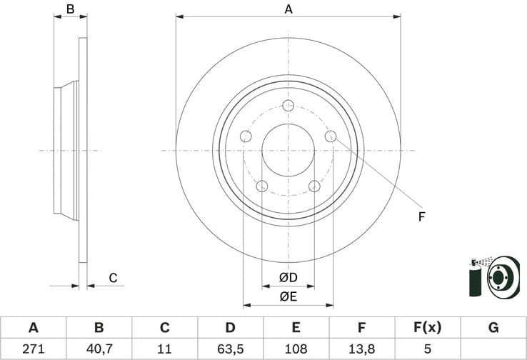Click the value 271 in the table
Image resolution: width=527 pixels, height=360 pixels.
point(33,349)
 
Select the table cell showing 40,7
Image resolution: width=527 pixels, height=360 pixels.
point(99,349)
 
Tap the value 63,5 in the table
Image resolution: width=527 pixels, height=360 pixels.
point(230,349)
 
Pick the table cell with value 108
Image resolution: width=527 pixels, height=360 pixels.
point(296,349)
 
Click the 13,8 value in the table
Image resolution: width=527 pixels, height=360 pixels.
point(362,349)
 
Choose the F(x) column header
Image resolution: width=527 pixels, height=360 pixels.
point(428,328)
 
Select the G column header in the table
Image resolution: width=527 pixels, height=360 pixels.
point(493,328)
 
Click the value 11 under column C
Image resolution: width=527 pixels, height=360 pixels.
point(164,349)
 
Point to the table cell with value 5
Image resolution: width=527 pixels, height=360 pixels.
point(428,349)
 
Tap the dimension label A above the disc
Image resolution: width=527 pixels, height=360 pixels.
point(288,9)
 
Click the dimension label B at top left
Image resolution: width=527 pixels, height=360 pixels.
point(70,9)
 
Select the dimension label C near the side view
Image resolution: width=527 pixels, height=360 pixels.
point(112,278)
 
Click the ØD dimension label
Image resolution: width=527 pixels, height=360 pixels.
point(288,277)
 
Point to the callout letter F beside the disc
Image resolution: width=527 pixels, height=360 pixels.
point(421,216)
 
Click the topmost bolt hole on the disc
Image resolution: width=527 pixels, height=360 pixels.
point(288,106)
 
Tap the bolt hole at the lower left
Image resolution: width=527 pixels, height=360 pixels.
point(261,186)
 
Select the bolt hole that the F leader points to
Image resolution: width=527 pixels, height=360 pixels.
point(331,136)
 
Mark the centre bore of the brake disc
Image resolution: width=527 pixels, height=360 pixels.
point(288,151)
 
